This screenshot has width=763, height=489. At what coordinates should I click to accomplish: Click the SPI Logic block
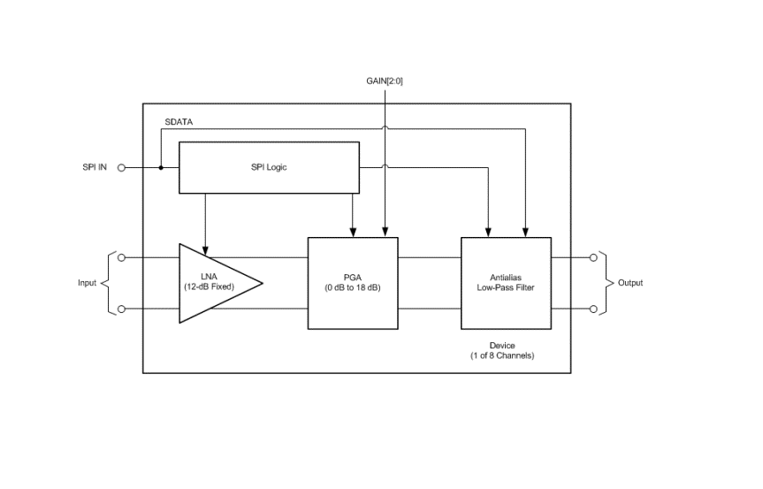(269, 167)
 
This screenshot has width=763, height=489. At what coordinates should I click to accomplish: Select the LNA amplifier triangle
(214, 283)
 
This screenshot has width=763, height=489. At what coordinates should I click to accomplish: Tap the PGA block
(353, 283)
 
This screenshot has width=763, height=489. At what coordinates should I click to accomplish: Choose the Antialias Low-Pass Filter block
(506, 283)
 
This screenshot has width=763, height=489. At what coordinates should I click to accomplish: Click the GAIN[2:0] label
(385, 80)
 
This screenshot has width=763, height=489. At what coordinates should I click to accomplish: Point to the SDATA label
(179, 122)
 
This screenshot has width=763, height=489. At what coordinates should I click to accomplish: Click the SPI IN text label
(95, 167)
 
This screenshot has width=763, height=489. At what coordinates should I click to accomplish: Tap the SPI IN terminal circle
(122, 168)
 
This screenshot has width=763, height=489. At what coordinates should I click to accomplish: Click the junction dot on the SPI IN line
(161, 168)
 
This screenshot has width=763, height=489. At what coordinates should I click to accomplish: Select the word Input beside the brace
(88, 283)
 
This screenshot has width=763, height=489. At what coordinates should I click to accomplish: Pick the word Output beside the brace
(630, 283)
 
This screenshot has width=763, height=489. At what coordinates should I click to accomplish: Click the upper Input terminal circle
(122, 257)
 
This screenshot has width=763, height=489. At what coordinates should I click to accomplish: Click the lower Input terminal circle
(122, 309)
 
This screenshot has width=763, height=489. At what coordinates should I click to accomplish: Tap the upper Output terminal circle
(593, 257)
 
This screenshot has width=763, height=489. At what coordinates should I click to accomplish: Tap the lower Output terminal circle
(593, 309)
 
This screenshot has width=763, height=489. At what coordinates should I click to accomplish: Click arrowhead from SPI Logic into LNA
(205, 250)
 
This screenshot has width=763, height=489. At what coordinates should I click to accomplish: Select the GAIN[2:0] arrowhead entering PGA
(385, 232)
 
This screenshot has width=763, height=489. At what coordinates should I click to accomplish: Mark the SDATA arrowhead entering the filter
(525, 232)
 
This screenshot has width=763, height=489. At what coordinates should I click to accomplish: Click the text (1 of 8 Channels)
(502, 355)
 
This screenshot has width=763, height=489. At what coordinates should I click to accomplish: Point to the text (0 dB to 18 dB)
(353, 287)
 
